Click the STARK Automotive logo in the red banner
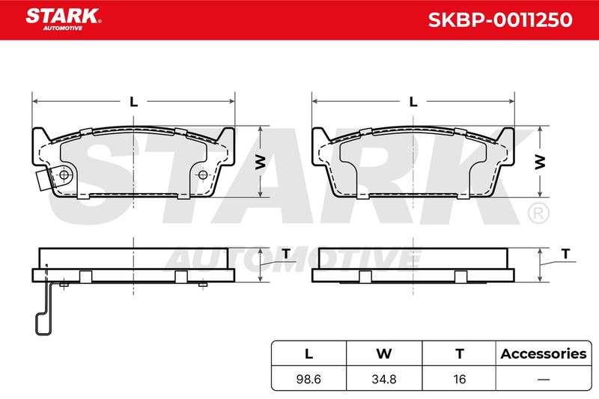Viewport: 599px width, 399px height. point(64,19)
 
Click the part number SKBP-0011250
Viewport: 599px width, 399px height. point(500,20)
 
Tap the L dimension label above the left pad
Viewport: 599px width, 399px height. point(133,102)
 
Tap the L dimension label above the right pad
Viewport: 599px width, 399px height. point(413,102)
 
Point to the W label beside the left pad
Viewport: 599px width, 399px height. point(260,162)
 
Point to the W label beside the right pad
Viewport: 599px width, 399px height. point(540,162)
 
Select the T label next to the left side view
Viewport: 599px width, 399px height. point(286,254)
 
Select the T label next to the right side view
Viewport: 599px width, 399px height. point(566,254)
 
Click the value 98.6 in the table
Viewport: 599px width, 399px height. point(308,379)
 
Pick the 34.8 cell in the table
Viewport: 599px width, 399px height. point(384,379)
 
